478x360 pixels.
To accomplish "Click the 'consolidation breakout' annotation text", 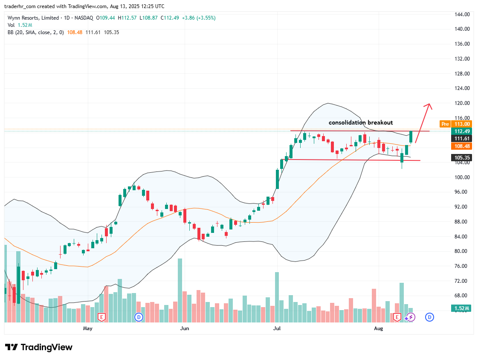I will point(361,122).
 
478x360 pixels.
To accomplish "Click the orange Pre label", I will point(445,124).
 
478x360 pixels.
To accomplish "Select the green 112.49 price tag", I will point(461,131).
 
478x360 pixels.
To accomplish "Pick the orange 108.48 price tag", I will point(461,146).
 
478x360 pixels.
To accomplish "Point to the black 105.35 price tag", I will point(461,157).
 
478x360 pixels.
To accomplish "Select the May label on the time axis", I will point(87,328).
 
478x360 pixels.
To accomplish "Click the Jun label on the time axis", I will point(185,328).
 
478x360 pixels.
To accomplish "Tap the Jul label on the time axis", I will point(277,328).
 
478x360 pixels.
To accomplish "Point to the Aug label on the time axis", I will point(378,328).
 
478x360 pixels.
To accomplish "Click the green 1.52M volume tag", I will point(461,308).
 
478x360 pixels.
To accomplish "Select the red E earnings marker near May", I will point(101,317).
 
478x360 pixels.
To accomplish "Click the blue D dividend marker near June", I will point(139,317).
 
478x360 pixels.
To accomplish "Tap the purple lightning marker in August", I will point(410,317).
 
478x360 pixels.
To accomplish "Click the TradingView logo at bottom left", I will point(39,347).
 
